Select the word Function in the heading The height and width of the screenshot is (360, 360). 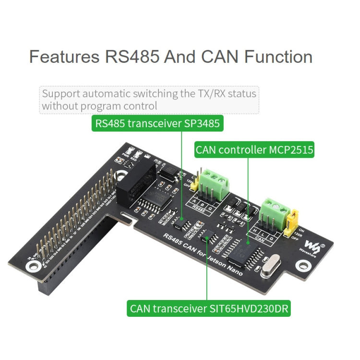pos(278,57)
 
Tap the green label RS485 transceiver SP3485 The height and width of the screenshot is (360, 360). pos(157,124)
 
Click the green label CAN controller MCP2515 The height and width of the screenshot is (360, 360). pos(254,150)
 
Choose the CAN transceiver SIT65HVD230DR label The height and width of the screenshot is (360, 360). pos(209,308)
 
